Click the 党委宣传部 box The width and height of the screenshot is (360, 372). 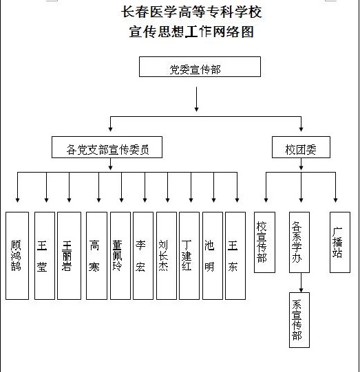pos(200,67)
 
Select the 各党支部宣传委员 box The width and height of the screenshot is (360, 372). pos(107,147)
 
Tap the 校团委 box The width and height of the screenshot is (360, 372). pos(301,147)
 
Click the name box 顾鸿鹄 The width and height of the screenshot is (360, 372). pos(17,256)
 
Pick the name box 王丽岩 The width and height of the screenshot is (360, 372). pos(69,256)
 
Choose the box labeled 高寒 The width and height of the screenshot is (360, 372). pos(96,256)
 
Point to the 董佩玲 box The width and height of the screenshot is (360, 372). pos(120,256)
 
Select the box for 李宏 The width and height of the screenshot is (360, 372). pos(143,256)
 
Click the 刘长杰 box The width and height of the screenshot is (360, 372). pos(167,256)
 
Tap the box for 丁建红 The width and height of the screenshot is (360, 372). pos(189,256)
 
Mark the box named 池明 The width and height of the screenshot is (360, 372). pos(213,256)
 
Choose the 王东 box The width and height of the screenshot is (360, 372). pos(235,256)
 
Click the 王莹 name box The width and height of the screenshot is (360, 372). pos(45,256)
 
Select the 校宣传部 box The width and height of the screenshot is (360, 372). pos(264,242)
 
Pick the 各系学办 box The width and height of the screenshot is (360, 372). pos(299,242)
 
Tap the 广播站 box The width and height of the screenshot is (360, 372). pos(340,242)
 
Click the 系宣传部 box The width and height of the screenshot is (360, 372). pos(299,320)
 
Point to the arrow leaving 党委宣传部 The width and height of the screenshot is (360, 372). pos(196,99)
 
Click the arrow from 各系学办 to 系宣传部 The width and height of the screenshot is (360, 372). pos(301,283)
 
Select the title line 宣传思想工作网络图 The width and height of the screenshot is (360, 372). pos(191,32)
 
